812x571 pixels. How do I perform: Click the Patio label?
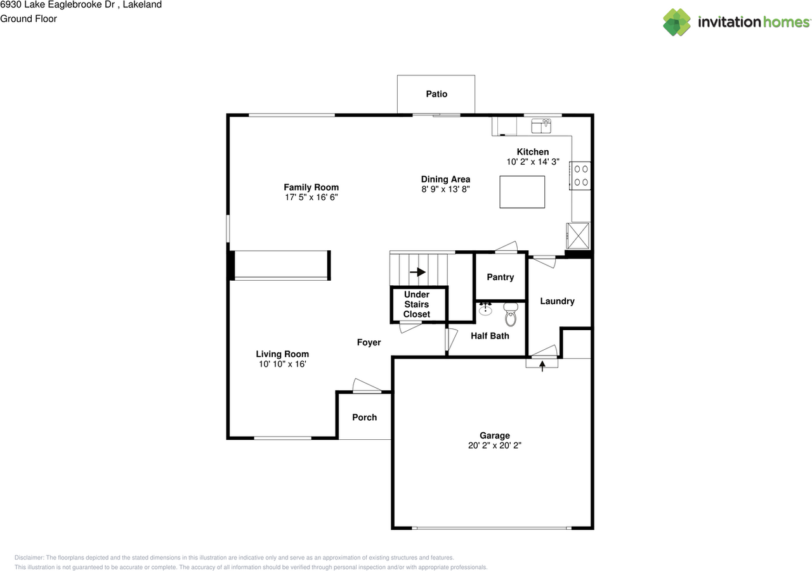pos(436,94)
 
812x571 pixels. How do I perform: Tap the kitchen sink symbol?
pos(541,125)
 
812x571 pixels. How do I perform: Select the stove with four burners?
pos(580,176)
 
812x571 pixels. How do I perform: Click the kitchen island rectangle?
pos(522,192)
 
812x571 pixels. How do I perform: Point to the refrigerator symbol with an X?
pos(578,236)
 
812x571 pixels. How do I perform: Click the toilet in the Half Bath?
pos(511,314)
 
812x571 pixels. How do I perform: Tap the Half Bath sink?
pos(485,309)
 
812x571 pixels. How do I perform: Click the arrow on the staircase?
pos(417,272)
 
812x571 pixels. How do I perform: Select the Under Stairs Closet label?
pos(417,304)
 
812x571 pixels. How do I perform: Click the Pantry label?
pos(501,278)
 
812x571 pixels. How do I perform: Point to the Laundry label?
pos(557,301)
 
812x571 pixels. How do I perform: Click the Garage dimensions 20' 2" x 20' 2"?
pos(494,446)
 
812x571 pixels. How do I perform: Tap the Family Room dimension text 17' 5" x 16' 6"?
pos(311,197)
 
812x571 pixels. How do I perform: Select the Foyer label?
pos(369,342)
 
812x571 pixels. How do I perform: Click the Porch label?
pos(364,418)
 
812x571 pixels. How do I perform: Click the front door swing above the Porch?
pos(367,385)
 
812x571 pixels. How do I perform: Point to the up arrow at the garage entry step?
pos(542,366)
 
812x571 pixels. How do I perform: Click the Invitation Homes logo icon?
pos(676,22)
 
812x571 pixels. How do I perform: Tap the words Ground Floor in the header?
pos(29,19)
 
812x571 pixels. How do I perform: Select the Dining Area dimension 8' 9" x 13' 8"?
pos(445,189)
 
